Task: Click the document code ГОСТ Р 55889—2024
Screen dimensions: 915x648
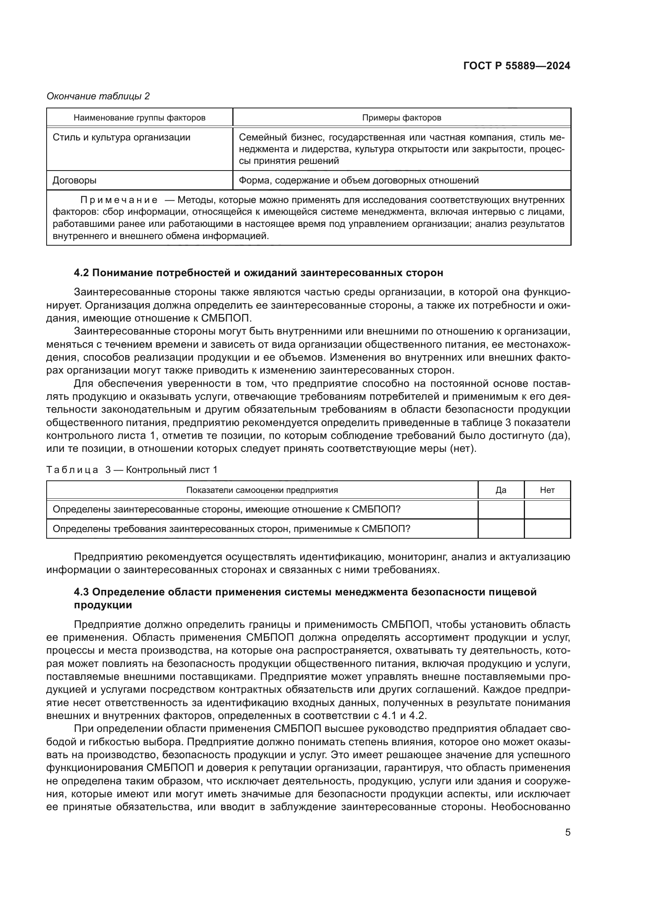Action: pyautogui.click(x=517, y=66)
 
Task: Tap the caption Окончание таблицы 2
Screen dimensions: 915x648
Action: pyautogui.click(x=98, y=96)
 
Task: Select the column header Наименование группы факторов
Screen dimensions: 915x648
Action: pyautogui.click(x=139, y=118)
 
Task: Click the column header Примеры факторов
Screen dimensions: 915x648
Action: pyautogui.click(x=402, y=118)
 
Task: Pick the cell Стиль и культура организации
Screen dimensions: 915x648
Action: pyautogui.click(x=122, y=137)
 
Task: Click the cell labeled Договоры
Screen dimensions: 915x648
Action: pyautogui.click(x=74, y=180)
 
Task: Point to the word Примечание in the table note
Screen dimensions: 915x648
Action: pyautogui.click(x=118, y=200)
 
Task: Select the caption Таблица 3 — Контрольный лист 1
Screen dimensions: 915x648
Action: pyautogui.click(x=132, y=470)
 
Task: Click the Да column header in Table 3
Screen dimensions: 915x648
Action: pyautogui.click(x=501, y=490)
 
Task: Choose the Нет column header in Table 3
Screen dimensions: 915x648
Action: pyautogui.click(x=547, y=490)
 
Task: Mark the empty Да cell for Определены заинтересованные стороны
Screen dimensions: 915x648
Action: pyautogui.click(x=501, y=510)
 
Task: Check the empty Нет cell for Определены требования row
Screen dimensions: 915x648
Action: pyautogui.click(x=547, y=529)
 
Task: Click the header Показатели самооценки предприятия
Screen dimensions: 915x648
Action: pyautogui.click(x=262, y=490)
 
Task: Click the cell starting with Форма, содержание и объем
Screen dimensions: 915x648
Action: pyautogui.click(x=358, y=180)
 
